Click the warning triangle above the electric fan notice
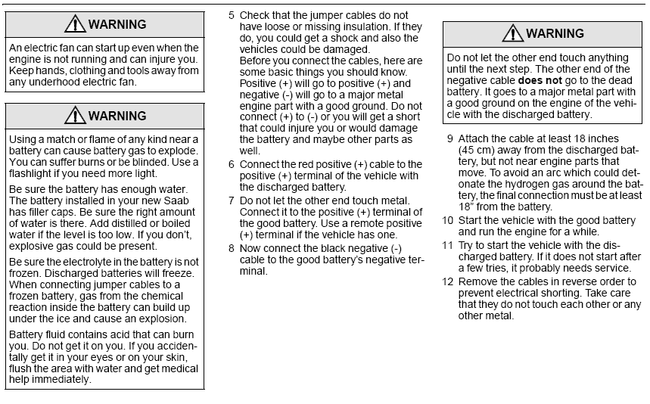74,24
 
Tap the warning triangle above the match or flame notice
74,116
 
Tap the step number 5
232,15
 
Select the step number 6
232,164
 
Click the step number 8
232,248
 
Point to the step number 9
450,138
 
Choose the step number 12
448,281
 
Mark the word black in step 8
337,248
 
